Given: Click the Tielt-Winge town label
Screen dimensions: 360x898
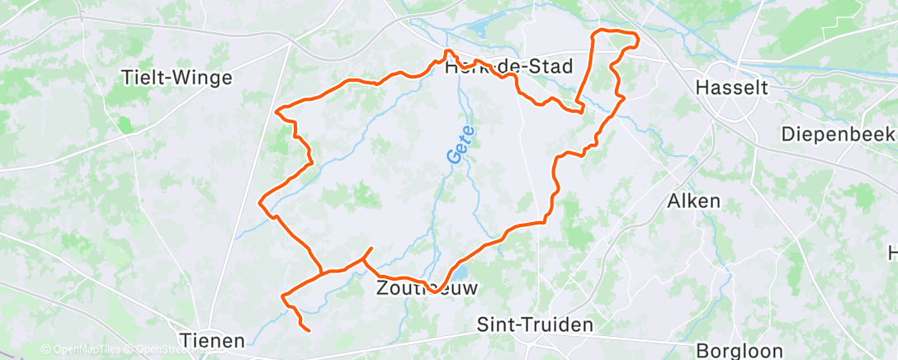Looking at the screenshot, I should pyautogui.click(x=177, y=78).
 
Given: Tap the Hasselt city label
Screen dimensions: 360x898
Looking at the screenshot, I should pyautogui.click(x=732, y=87).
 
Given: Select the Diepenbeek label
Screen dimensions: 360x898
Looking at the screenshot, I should pyautogui.click(x=838, y=134).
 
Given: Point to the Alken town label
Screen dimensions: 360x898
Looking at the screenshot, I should pyautogui.click(x=693, y=201).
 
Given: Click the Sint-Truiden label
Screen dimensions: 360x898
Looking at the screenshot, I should pyautogui.click(x=536, y=324).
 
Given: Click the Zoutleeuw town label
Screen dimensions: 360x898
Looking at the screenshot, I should pyautogui.click(x=426, y=288).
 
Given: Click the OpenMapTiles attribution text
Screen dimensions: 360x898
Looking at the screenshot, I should pyautogui.click(x=81, y=350).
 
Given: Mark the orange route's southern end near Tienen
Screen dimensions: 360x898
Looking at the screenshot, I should pyautogui.click(x=309, y=330).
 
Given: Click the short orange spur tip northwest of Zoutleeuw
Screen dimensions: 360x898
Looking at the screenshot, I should pyautogui.click(x=371, y=249).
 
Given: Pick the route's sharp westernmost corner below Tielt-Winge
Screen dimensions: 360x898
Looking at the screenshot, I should pyautogui.click(x=262, y=201).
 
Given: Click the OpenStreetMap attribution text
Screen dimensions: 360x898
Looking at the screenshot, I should pyautogui.click(x=168, y=350).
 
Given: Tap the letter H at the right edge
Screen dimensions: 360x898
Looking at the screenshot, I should pyautogui.click(x=892, y=252).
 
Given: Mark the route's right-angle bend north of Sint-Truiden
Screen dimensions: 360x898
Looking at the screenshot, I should pyautogui.click(x=545, y=221).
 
